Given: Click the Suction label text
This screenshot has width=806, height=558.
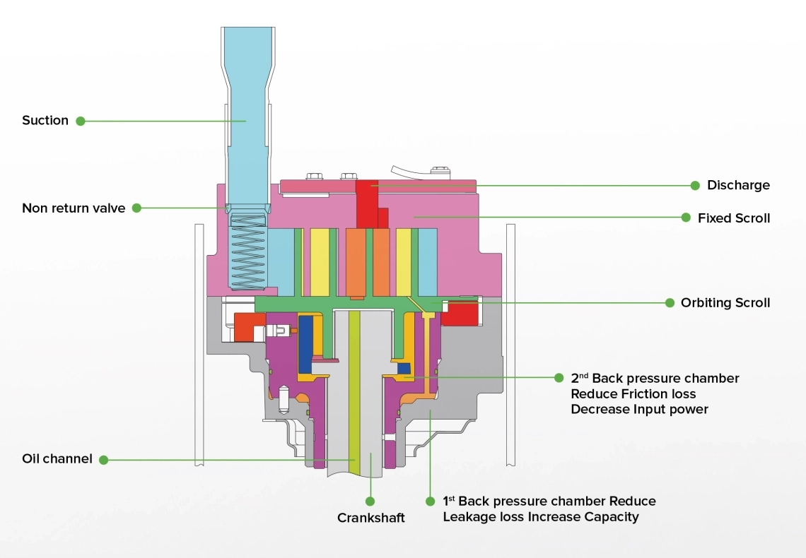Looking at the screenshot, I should pyautogui.click(x=45, y=120).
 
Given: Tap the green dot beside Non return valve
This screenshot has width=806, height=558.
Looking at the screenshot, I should pyautogui.click(x=137, y=208).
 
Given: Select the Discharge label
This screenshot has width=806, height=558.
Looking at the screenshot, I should pyautogui.click(x=737, y=185).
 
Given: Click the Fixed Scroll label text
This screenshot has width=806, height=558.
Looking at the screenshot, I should pyautogui.click(x=733, y=218).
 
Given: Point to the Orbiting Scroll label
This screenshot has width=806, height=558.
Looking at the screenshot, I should pyautogui.click(x=725, y=302).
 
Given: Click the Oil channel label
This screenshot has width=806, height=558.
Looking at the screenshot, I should pyautogui.click(x=57, y=459).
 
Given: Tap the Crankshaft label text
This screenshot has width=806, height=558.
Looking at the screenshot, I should pyautogui.click(x=370, y=518).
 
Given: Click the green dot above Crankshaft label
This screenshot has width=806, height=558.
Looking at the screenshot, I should pyautogui.click(x=370, y=501).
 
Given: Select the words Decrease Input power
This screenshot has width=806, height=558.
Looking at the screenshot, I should pyautogui.click(x=639, y=409).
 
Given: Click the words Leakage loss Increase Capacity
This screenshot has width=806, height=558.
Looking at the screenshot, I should pyautogui.click(x=540, y=516).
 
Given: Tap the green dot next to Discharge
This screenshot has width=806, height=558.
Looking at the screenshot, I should pyautogui.click(x=695, y=185).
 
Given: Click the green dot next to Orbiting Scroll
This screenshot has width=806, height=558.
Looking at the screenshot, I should pyautogui.click(x=669, y=302).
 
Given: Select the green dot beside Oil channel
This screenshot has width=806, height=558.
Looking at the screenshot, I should pyautogui.click(x=104, y=459).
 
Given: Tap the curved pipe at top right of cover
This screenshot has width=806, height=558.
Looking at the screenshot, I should pyautogui.click(x=410, y=172).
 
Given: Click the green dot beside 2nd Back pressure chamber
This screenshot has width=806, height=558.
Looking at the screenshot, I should pyautogui.click(x=559, y=378).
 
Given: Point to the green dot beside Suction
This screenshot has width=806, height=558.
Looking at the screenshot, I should pyautogui.click(x=81, y=121).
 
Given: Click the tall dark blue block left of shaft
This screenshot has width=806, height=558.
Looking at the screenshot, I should pyautogui.click(x=306, y=344).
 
